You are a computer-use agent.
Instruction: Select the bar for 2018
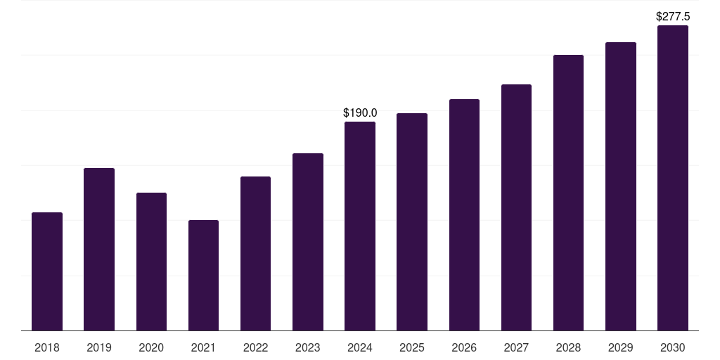(47, 271)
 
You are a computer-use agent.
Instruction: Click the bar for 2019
(99, 250)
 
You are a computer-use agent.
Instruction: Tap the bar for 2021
(203, 276)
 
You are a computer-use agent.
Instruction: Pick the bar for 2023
(308, 242)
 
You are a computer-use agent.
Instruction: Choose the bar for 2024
(360, 226)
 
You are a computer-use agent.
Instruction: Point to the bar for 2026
(464, 215)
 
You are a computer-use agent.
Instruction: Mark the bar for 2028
(568, 193)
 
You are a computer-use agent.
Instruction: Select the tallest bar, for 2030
(673, 178)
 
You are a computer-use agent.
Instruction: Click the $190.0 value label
(360, 112)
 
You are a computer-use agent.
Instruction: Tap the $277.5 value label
(673, 17)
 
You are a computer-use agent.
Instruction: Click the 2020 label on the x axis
(151, 347)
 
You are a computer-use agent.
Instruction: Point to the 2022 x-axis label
(255, 347)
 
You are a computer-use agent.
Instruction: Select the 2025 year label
(412, 347)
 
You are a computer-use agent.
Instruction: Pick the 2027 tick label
(516, 347)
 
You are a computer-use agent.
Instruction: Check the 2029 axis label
(620, 347)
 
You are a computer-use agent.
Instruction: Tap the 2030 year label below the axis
(673, 347)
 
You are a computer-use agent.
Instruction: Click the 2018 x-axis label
(47, 347)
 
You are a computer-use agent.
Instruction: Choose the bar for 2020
(151, 262)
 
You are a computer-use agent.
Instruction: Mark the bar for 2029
(620, 186)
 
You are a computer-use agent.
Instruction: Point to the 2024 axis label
(360, 347)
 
